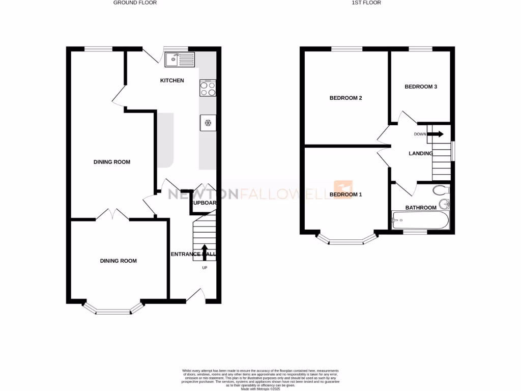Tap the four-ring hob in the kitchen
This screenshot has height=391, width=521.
click(208, 89)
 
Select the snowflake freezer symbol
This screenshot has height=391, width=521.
click(208, 123)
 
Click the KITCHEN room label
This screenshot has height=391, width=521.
click(172, 80)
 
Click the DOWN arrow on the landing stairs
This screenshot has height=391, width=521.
click(435, 134)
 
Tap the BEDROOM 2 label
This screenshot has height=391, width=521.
click(345, 98)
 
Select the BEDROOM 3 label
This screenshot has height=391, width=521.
click(421, 87)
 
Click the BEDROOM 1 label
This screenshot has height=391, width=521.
click(345, 194)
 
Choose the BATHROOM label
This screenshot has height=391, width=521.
click(421, 208)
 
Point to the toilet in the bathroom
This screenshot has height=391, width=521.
click(441, 191)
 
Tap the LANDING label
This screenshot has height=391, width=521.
click(421, 153)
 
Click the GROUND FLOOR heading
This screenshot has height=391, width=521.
click(135, 3)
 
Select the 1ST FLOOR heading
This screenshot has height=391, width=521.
click(366, 3)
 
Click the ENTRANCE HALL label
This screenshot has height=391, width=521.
click(195, 254)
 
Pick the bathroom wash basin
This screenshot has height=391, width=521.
click(445, 204)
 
